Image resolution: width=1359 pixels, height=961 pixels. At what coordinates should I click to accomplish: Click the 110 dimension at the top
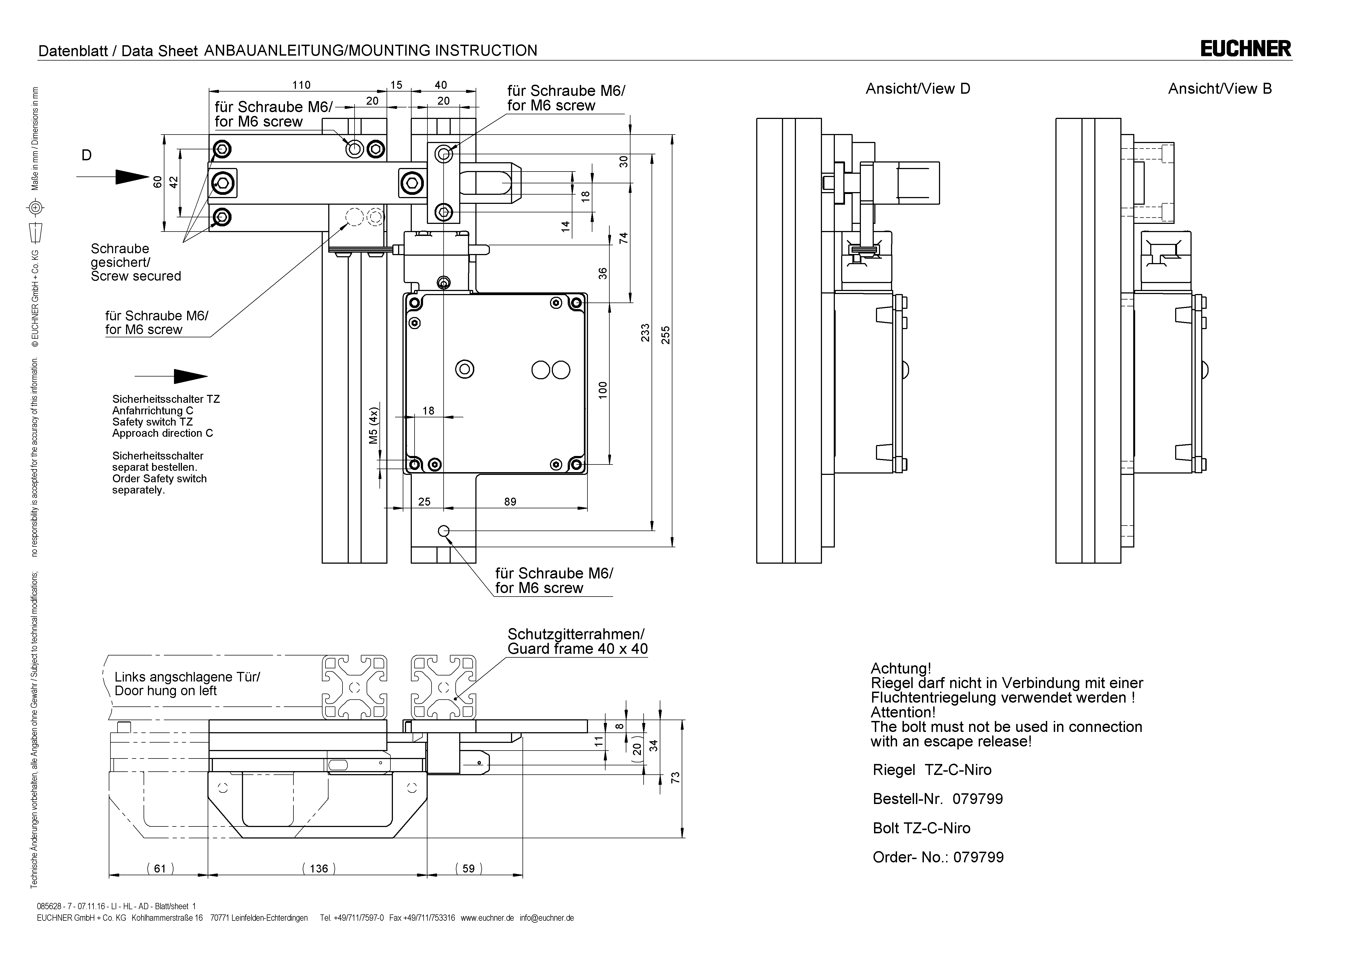[301, 85]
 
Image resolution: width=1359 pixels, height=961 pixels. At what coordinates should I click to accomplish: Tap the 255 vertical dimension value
[665, 336]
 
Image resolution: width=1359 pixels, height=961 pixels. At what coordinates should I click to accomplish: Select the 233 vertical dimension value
[645, 333]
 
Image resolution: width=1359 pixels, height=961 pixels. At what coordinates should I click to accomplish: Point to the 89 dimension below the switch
[510, 501]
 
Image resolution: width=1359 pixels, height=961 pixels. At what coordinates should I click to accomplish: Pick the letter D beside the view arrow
[86, 155]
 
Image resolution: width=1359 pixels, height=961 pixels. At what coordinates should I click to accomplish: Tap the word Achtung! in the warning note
[900, 669]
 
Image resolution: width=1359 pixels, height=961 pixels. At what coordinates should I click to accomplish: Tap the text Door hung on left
[166, 691]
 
